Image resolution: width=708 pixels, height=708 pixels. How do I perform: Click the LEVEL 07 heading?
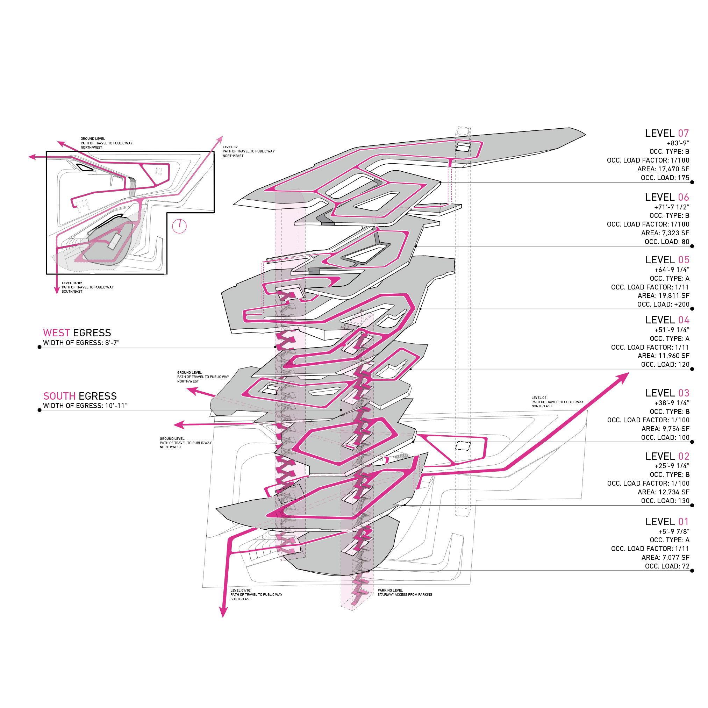(667, 134)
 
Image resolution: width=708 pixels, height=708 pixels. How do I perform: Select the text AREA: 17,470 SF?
(663, 169)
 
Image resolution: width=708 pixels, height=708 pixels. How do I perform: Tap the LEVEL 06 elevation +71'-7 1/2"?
(671, 207)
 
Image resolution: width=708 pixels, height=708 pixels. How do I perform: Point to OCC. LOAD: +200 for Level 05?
(663, 304)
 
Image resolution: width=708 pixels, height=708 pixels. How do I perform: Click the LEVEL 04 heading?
(667, 320)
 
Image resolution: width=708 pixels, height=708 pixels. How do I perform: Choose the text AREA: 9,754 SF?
(665, 429)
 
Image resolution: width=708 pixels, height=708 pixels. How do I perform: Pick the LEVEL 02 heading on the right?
(667, 456)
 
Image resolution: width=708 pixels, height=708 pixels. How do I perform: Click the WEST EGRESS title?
(77, 333)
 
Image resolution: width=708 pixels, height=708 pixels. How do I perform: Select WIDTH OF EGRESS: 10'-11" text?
(85, 406)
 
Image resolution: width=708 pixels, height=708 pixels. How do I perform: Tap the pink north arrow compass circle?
(179, 226)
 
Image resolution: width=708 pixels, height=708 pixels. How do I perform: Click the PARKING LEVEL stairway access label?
(405, 593)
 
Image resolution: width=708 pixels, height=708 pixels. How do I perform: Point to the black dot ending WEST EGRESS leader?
(40, 347)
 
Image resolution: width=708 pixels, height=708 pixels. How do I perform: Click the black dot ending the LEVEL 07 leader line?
(692, 182)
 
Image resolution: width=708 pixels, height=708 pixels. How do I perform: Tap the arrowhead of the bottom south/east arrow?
(223, 612)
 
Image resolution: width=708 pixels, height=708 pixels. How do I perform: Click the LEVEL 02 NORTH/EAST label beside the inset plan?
(249, 151)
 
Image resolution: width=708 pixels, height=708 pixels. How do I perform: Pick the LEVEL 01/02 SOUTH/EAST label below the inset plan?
(88, 287)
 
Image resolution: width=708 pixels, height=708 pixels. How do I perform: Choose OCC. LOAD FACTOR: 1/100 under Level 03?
(648, 420)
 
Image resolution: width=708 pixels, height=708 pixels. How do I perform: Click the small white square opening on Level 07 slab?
(463, 147)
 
